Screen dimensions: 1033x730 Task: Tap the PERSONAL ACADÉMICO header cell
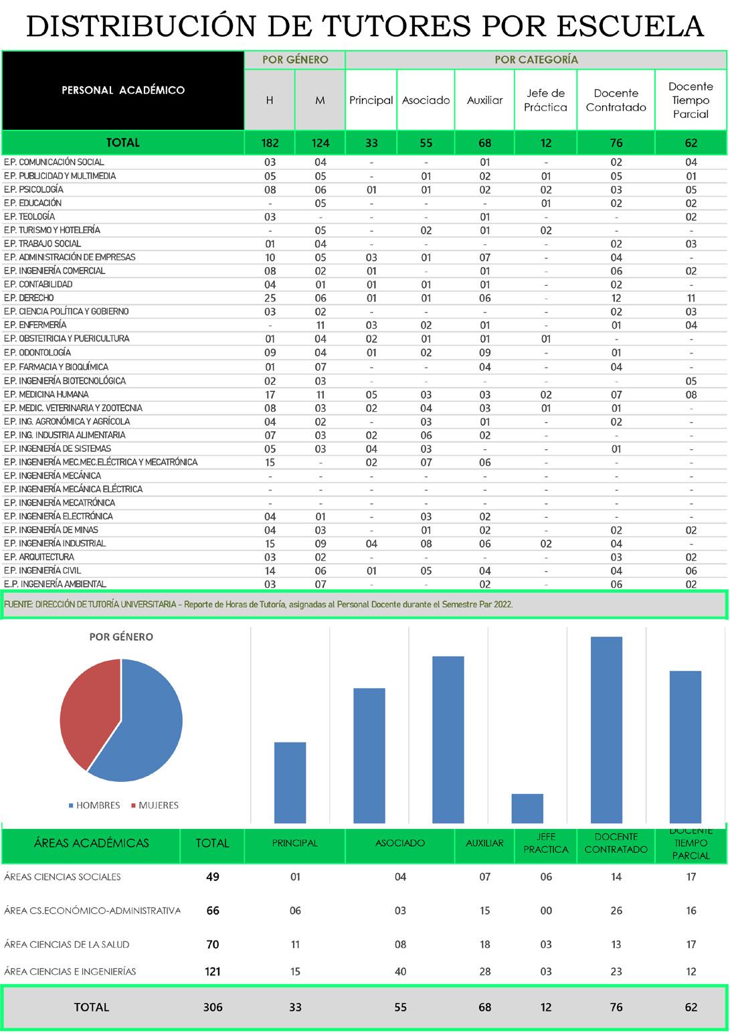(123, 90)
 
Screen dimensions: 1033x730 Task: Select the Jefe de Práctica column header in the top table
(545, 100)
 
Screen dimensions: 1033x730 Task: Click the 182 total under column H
(270, 143)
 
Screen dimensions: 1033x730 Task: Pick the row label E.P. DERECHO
(29, 298)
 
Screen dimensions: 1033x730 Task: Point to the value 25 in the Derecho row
(270, 298)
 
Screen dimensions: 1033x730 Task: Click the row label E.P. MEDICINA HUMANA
(46, 394)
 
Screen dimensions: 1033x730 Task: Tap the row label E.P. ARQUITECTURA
(39, 557)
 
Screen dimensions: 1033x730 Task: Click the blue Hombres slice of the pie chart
(151, 726)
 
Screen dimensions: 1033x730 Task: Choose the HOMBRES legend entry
(94, 805)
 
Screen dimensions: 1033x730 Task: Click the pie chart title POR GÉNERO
(121, 637)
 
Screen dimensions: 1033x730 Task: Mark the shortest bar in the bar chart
(527, 808)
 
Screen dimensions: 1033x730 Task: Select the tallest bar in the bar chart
(606, 730)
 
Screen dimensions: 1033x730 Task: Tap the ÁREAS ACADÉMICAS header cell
(92, 843)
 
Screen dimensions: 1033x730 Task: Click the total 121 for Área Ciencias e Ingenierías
(213, 971)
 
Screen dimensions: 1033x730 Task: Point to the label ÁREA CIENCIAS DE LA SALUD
(67, 945)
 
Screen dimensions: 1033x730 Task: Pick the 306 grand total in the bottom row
(213, 1007)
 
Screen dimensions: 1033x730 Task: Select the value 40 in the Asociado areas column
(400, 971)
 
